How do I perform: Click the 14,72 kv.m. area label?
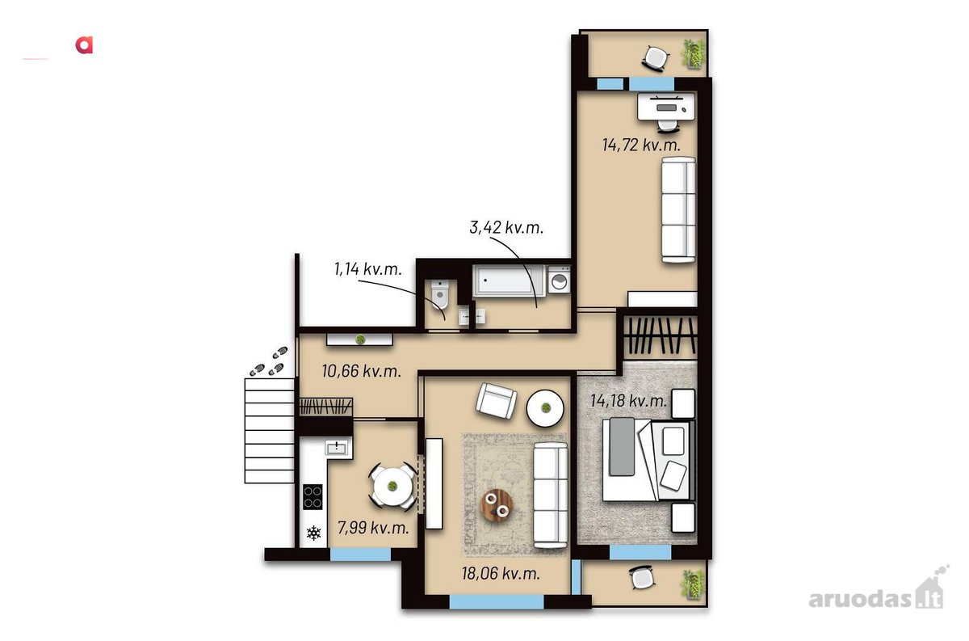coord(641,145)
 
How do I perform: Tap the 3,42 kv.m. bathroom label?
coord(506,227)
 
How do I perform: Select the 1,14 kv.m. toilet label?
coord(367,269)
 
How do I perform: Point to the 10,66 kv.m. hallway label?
coord(361,371)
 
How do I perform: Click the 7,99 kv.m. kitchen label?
coord(373,528)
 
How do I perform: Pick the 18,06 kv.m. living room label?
coord(501,573)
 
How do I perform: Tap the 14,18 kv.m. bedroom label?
coord(628,401)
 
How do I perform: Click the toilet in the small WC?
coord(440,293)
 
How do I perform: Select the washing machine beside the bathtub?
coord(559,280)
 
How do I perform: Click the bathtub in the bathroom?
coord(508,280)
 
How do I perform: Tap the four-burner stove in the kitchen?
coord(313,496)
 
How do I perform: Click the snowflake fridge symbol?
coord(313,533)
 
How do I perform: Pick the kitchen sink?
coord(338,447)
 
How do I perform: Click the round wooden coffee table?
coord(497,505)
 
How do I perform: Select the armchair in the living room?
coord(496,400)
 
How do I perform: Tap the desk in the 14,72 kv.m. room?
coord(666,107)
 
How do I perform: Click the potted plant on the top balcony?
coord(694,54)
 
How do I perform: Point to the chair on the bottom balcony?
coord(643,578)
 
